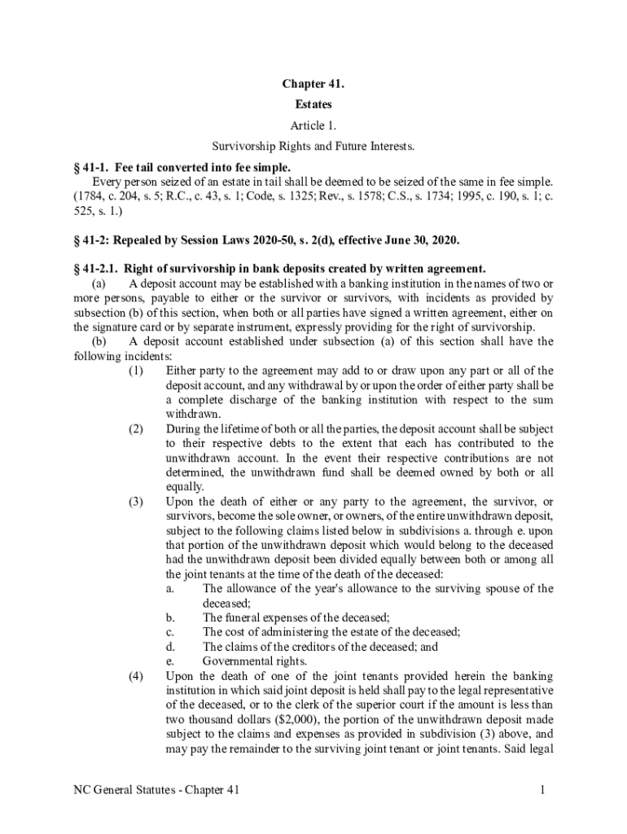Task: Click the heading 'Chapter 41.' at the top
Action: (313, 85)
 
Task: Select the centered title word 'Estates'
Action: (313, 105)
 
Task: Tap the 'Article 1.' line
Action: (313, 125)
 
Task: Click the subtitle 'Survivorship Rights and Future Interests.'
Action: (313, 147)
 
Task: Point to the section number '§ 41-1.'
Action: (91, 167)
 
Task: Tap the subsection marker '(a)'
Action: (99, 283)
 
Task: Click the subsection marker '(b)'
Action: (99, 341)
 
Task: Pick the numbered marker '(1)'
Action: (136, 371)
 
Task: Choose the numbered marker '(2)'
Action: (136, 429)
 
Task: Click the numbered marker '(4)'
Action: (136, 676)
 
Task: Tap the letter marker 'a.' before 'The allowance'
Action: (169, 588)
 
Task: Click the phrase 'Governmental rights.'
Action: (255, 661)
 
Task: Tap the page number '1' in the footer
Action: (541, 790)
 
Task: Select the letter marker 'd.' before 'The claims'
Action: (169, 647)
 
